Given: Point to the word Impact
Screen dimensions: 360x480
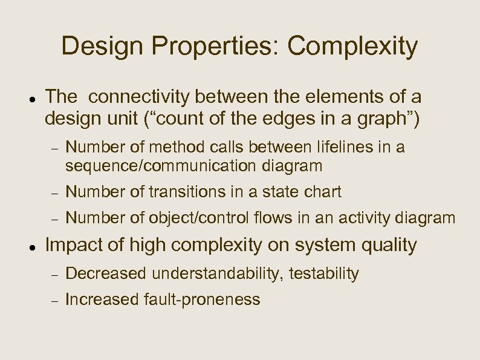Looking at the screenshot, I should point(73,245).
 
